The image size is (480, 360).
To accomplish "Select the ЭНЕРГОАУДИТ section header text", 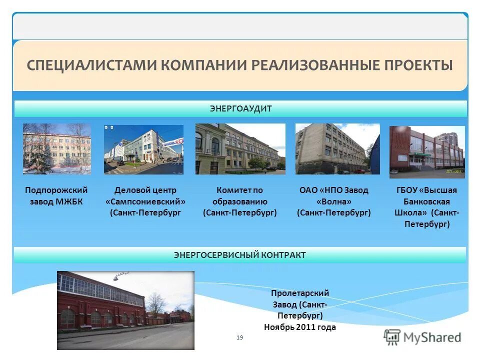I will tap(240, 108).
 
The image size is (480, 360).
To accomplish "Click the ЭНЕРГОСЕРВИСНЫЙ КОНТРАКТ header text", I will tap(240, 255).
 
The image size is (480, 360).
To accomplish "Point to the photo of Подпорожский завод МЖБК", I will tap(57, 148).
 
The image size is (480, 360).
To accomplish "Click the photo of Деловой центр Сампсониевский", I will tap(143, 149).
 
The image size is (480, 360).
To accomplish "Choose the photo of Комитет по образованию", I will tap(240, 149).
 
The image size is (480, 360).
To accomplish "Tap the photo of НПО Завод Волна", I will tap(337, 149).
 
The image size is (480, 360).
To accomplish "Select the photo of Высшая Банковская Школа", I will tap(427, 151).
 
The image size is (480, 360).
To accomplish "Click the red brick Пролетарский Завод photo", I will tap(125, 310).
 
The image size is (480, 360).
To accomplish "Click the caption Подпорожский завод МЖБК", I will tap(56, 196).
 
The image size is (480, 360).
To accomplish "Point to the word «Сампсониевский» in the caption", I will tap(145, 201).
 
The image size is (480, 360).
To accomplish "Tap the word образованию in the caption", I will tap(240, 201).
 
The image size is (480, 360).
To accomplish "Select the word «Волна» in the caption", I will tap(333, 201).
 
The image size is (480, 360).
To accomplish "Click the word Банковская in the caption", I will tap(427, 201).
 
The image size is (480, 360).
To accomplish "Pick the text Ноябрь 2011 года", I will tap(300, 327).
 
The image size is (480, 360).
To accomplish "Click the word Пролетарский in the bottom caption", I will tap(300, 293).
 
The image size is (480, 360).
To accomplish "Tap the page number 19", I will tap(239, 338).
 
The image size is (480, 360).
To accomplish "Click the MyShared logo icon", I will tap(392, 337).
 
